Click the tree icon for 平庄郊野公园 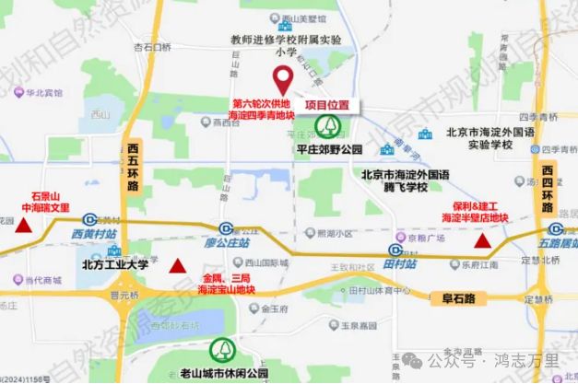pyautogui.click(x=327, y=127)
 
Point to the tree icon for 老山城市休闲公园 pyautogui.click(x=223, y=350)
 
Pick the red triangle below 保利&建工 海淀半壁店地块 pyautogui.click(x=481, y=242)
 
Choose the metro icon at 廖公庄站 pyautogui.click(x=225, y=229)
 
